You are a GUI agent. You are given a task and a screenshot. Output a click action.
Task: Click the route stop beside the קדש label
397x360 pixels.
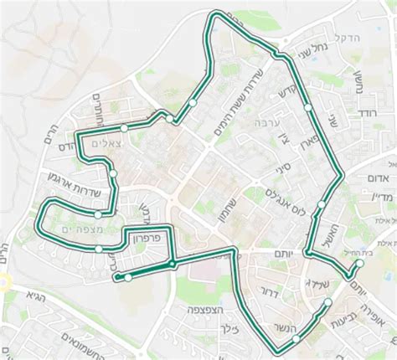coord(309,108)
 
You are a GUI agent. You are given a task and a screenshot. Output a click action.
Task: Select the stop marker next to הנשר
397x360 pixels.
coord(296,338)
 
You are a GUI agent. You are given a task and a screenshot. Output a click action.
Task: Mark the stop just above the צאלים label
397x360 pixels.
coord(124,128)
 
